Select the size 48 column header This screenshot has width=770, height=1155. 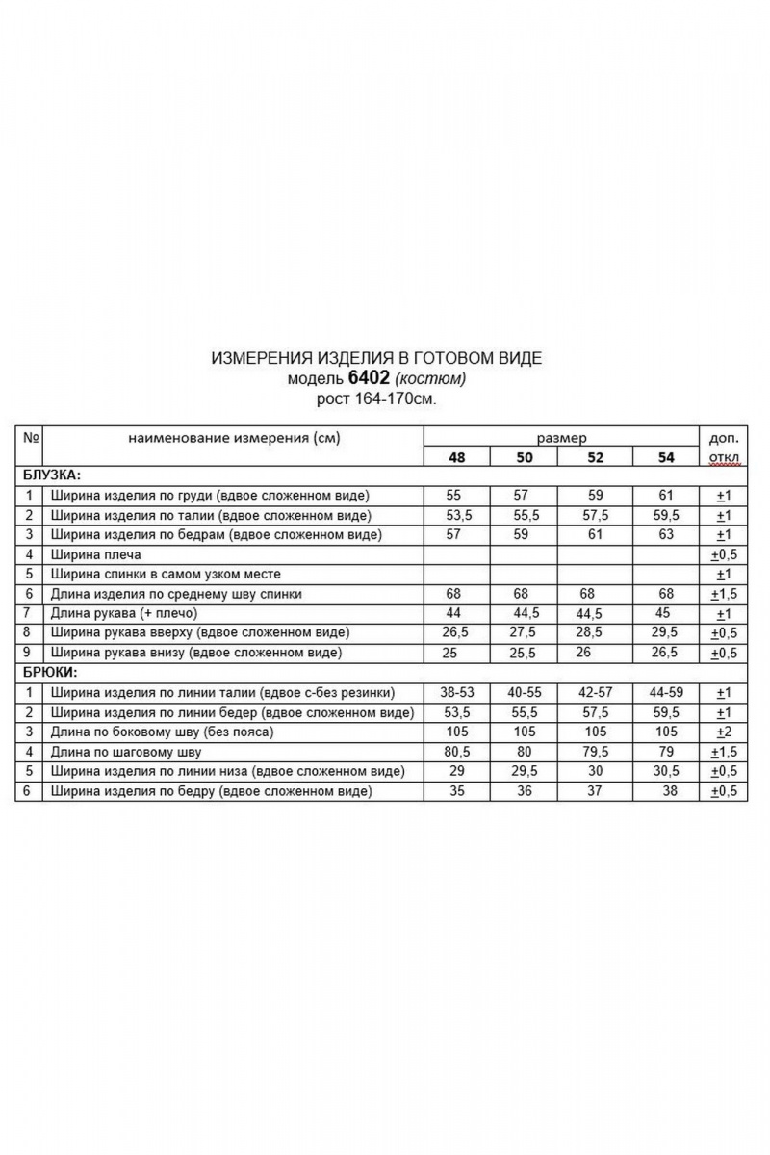click(456, 457)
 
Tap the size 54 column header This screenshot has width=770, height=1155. click(666, 457)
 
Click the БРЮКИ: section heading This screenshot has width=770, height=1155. click(49, 672)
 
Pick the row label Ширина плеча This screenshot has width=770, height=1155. click(97, 554)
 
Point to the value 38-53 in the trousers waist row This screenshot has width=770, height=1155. click(456, 692)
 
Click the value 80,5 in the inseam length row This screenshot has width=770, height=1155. click(456, 752)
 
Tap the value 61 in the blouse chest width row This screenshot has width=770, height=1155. click(666, 495)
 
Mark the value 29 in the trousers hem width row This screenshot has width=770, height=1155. click(456, 771)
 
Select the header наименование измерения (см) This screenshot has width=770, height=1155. click(234, 438)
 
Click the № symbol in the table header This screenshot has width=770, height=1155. click(30, 438)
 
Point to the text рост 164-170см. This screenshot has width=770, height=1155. click(376, 398)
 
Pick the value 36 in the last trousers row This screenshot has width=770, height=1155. click(525, 791)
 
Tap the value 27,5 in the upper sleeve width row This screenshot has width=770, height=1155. click(525, 632)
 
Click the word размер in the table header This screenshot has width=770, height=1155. click(561, 437)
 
